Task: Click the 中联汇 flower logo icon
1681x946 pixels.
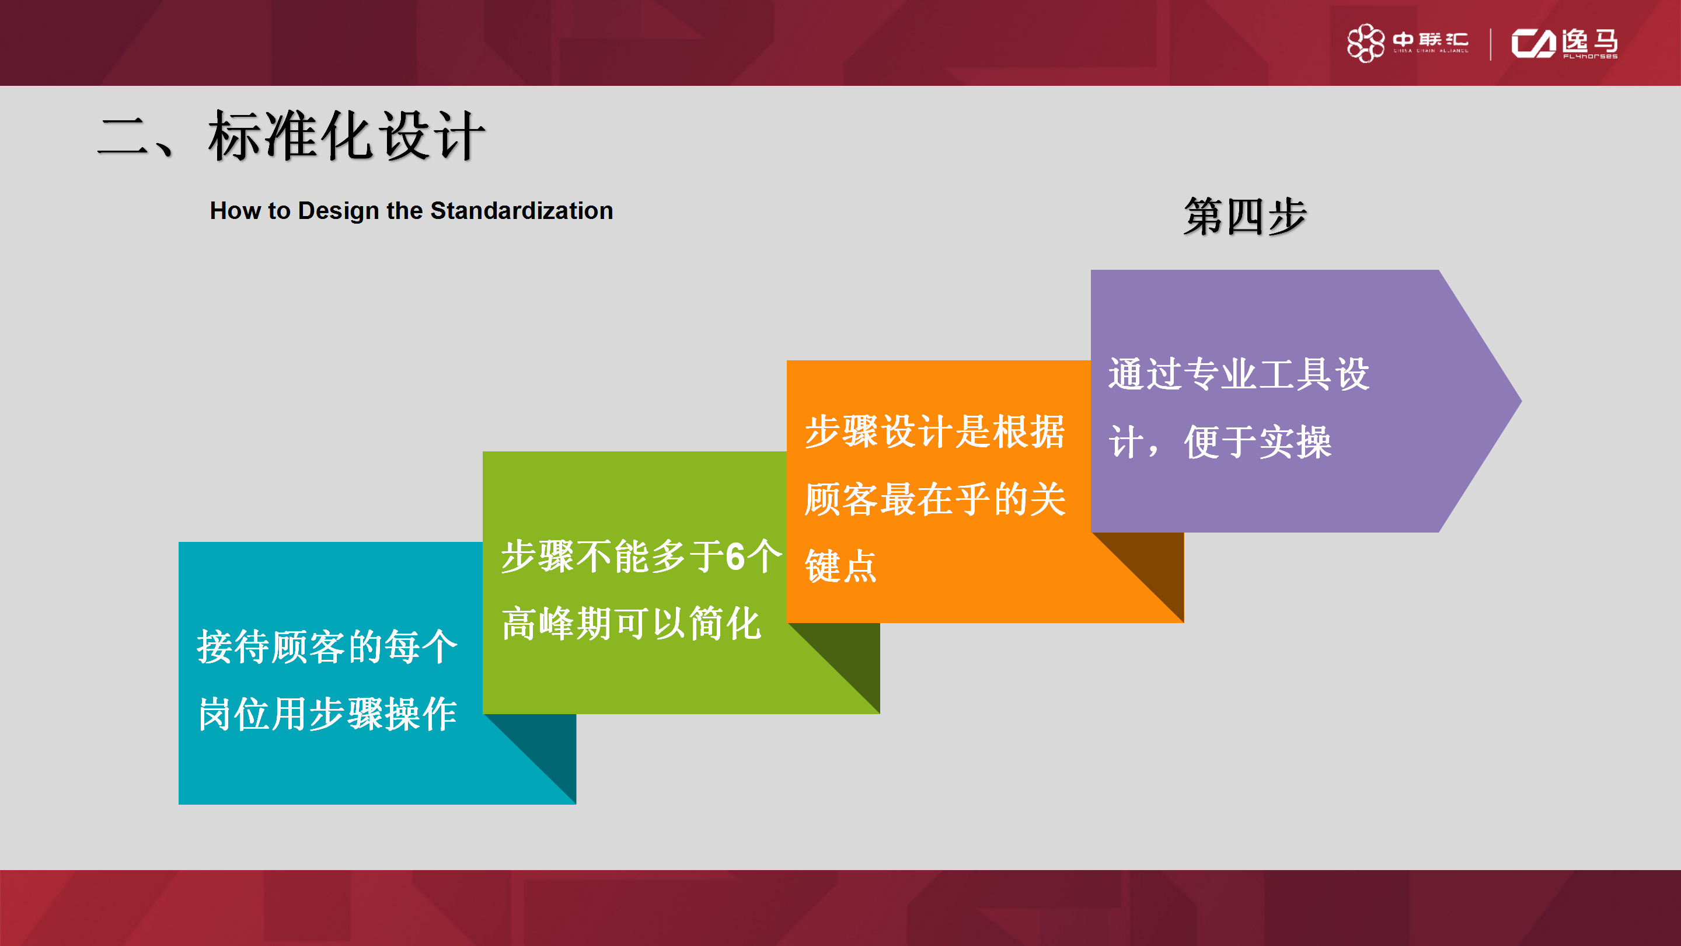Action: (x=1365, y=43)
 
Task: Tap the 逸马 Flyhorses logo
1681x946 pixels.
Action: (x=1564, y=44)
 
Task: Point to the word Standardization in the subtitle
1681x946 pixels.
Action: (x=521, y=211)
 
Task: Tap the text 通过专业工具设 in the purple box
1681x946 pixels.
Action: (x=1238, y=375)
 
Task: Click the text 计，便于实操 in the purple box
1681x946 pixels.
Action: (x=1219, y=442)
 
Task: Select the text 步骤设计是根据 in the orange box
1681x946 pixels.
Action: (x=934, y=432)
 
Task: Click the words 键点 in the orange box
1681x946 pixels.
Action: (x=840, y=565)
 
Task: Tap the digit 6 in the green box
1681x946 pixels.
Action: (x=735, y=557)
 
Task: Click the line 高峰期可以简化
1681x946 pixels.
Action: (x=630, y=624)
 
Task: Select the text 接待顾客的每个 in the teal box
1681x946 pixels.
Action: (x=327, y=647)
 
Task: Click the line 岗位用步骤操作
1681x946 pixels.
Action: (x=327, y=714)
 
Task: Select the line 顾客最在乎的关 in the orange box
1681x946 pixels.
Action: (x=934, y=499)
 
